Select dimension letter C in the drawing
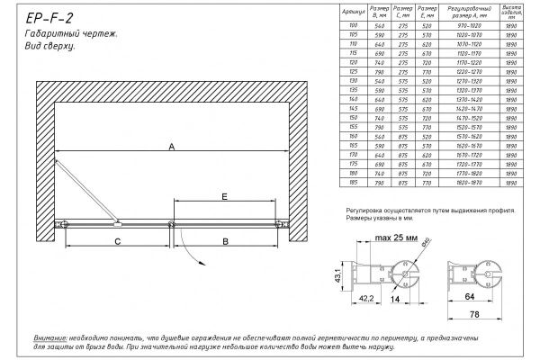117,240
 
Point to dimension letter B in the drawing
226,240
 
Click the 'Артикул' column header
353,13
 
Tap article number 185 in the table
353,183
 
